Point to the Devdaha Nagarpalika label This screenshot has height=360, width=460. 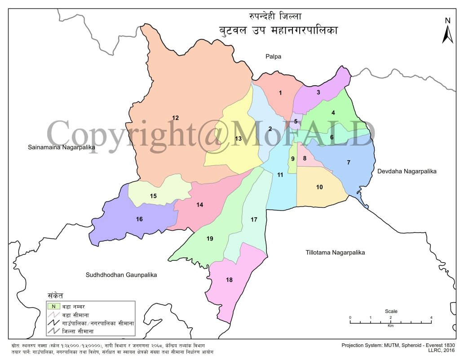click(x=407, y=171)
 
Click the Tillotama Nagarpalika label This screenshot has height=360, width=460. click(x=332, y=253)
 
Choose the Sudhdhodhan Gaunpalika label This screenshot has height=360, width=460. click(x=121, y=275)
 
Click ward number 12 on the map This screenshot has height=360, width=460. click(x=175, y=118)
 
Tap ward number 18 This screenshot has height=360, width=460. click(x=229, y=280)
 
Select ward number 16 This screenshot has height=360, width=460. click(x=139, y=219)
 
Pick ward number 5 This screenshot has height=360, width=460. click(x=296, y=121)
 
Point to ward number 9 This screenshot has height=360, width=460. click(x=292, y=158)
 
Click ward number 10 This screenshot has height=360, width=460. click(x=319, y=187)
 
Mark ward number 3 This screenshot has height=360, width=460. click(x=318, y=92)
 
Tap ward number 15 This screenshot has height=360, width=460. click(x=153, y=196)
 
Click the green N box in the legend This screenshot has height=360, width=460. click(x=53, y=306)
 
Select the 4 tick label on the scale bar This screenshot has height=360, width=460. click(x=431, y=318)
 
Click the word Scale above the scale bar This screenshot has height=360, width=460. click(x=391, y=311)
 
